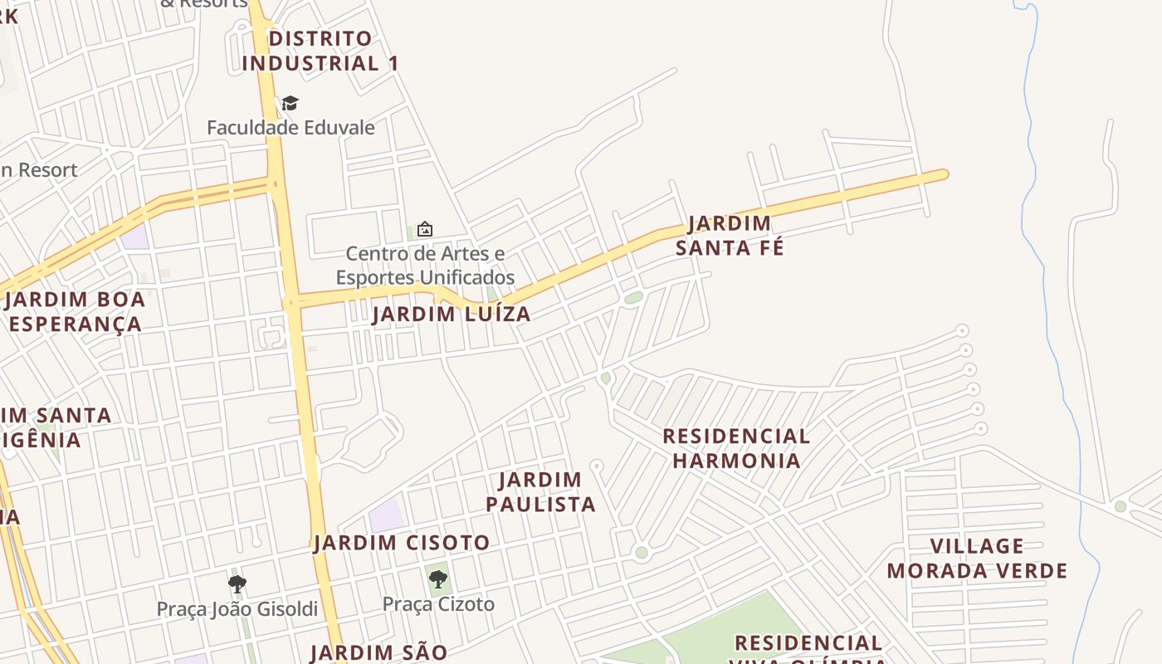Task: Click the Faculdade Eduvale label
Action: [290, 128]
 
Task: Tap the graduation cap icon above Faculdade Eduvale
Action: [290, 104]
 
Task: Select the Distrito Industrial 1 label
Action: [320, 51]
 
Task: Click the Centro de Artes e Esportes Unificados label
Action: [424, 265]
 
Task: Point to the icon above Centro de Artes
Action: [425, 229]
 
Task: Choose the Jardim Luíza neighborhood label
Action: [451, 315]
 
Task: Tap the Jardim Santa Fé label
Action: [730, 236]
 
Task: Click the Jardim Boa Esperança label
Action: [75, 311]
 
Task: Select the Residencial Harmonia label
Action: [736, 448]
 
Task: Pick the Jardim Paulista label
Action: [540, 492]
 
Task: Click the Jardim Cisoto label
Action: [402, 543]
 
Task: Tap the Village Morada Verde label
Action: [977, 559]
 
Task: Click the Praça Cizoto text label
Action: [438, 604]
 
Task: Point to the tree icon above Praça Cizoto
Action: [437, 579]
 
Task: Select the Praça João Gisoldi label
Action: [237, 609]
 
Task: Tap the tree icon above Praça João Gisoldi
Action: [237, 584]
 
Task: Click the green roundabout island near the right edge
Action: [1120, 506]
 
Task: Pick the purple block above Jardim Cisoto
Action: [386, 516]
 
